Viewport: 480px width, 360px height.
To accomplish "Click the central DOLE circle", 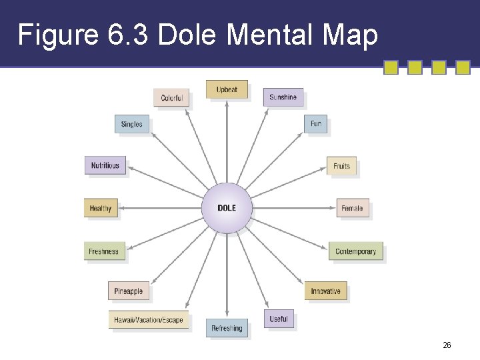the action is coord(227,208).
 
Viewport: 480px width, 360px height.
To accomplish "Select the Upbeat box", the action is coord(227,90).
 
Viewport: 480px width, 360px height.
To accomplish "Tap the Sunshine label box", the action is coord(283,98).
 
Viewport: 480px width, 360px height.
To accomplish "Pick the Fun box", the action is coord(316,124).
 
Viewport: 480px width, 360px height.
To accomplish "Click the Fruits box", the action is coord(341,166).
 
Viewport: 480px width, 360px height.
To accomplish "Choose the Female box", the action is coord(352,209).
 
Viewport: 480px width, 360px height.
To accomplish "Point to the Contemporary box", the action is coord(355,251).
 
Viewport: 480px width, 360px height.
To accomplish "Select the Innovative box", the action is coord(325,291).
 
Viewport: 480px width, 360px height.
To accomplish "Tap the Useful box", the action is coord(279,319).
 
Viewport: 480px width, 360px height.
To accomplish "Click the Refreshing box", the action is coord(227,329).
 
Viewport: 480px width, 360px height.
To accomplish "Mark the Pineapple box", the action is coord(128,291).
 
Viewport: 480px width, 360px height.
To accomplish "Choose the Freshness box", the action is coord(103,251).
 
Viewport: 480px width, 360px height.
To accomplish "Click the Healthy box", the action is coord(100,209).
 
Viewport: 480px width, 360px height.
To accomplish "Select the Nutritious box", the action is coord(105,165).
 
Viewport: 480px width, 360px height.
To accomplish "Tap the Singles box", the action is coord(131,125).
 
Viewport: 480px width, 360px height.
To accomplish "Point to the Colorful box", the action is coord(172,98).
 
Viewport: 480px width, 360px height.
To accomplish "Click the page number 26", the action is coord(447,345).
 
